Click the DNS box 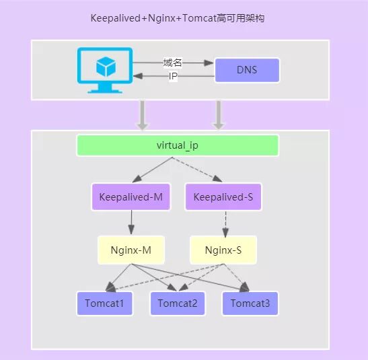coord(247,70)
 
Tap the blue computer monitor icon coord(103,70)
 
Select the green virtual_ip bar coord(178,145)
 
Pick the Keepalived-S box coord(223,197)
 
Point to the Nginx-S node coord(223,250)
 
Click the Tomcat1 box coord(104,303)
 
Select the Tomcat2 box coord(177,303)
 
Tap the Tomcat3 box coord(250,303)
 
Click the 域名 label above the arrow coord(173,63)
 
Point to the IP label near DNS coord(173,77)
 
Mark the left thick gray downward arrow coord(142,114)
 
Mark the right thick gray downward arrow coord(218,114)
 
